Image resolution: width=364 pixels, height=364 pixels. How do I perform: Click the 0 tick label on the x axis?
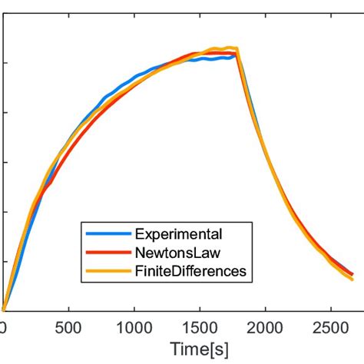[3, 327]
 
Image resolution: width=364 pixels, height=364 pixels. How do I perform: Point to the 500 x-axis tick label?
[68, 327]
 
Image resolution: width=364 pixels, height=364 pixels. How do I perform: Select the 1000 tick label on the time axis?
[134, 327]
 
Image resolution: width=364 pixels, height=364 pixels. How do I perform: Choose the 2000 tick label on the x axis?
[265, 327]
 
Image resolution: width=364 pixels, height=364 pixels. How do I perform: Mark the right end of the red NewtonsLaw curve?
[352, 274]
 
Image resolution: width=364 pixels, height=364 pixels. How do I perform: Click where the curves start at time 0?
[3, 309]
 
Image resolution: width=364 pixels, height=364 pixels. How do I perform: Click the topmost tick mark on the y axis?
[5, 63]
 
